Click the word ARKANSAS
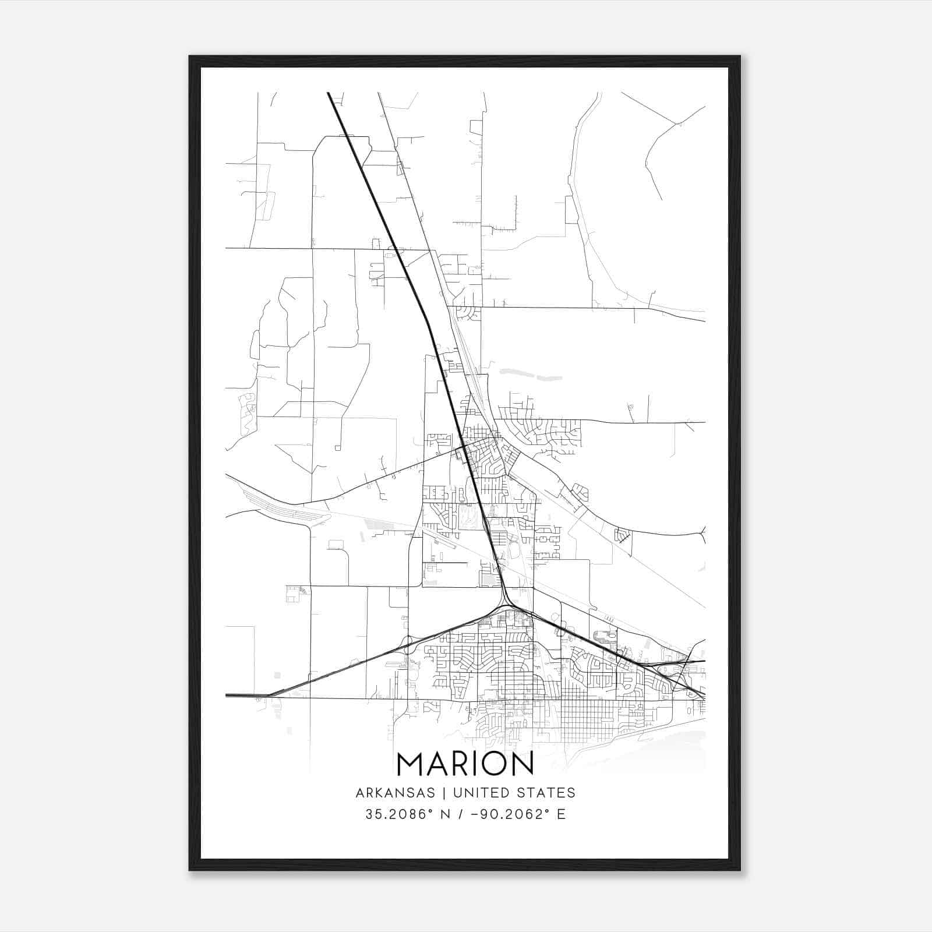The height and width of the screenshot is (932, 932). point(395,793)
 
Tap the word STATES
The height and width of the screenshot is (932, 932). point(546,793)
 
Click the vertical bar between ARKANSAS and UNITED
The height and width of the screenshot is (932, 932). point(443,793)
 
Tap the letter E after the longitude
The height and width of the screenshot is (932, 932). point(561,814)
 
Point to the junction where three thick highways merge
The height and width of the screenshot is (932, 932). point(506,606)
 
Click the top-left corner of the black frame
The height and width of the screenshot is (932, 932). point(190,57)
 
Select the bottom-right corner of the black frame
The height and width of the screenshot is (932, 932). point(740,870)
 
